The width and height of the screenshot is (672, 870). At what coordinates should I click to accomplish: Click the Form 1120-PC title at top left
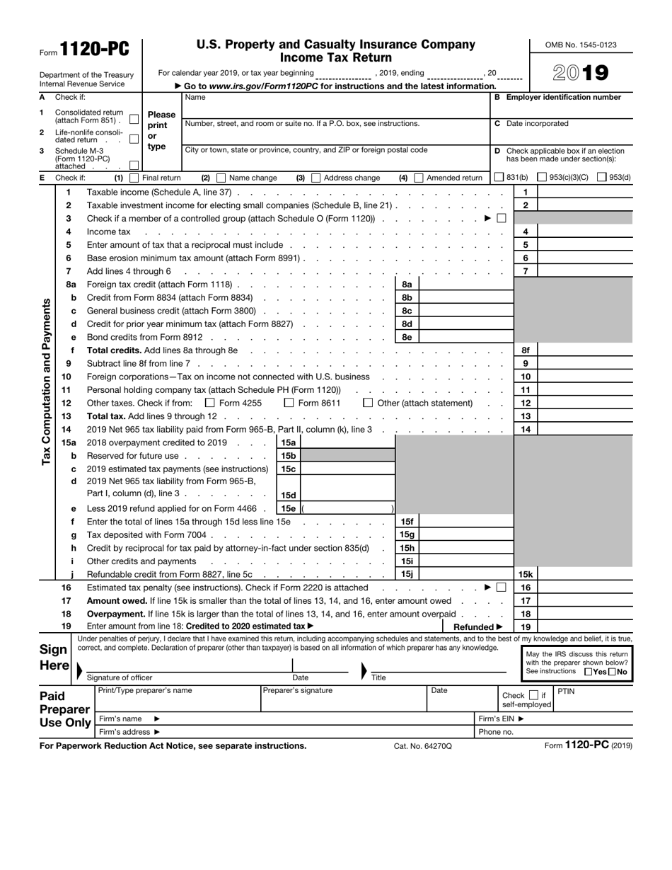point(95,49)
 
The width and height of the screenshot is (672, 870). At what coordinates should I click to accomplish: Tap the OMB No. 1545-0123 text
point(581,45)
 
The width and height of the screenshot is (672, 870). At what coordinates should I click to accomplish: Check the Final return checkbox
point(134,178)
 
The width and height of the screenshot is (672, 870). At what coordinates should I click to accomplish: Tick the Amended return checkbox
point(419,178)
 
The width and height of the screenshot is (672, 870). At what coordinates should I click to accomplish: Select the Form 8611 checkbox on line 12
point(289,403)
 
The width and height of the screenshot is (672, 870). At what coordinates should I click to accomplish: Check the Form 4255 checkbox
point(209,403)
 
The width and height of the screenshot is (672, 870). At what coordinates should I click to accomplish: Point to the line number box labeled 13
point(526,416)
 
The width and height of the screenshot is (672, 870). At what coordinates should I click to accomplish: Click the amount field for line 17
point(584,600)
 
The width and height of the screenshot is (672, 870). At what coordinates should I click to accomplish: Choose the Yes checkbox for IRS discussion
point(589,672)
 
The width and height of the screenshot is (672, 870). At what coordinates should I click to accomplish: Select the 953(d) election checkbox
point(602,178)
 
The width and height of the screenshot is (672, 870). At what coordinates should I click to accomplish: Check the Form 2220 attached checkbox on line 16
point(501,587)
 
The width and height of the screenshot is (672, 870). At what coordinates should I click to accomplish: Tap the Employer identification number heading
point(564,97)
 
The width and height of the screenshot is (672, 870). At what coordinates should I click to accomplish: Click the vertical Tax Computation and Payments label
point(46,382)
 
